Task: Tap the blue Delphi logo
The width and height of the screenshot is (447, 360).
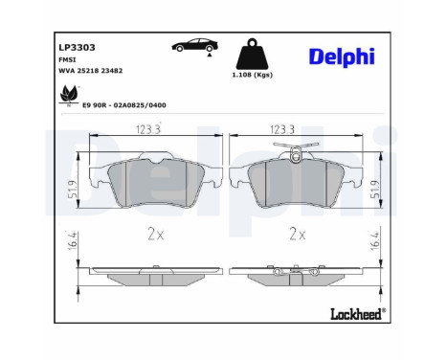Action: tap(342, 56)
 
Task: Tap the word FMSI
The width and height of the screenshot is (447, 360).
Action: tap(68, 60)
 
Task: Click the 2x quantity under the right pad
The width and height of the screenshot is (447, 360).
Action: tap(296, 233)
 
